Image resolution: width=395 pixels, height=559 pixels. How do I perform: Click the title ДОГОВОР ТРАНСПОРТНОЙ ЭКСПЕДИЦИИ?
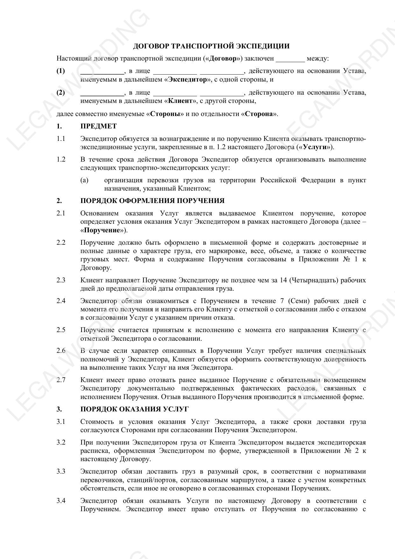tap(211, 46)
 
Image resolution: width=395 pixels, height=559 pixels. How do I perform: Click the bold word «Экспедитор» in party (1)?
tap(187, 79)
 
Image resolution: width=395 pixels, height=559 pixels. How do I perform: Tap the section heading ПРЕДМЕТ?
tap(98, 126)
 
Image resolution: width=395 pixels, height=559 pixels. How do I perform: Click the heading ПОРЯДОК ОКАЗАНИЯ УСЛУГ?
tap(134, 409)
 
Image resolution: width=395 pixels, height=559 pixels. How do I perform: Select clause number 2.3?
tap(61, 280)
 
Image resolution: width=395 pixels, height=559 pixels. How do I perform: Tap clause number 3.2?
tap(61, 442)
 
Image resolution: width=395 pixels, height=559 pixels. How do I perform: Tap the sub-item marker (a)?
tap(84, 180)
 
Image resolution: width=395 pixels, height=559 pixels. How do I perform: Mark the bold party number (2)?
tap(60, 93)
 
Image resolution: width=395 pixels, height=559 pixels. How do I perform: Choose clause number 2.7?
tap(61, 380)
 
